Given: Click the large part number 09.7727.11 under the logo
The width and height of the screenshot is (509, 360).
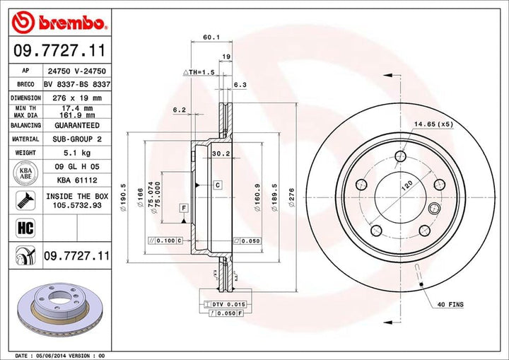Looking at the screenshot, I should coord(60,52).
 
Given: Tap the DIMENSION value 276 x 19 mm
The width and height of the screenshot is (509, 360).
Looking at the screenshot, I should coord(77,98).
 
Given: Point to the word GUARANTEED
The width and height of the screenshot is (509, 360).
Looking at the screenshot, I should coord(77,124).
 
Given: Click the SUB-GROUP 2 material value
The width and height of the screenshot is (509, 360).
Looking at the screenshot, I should coord(77,139).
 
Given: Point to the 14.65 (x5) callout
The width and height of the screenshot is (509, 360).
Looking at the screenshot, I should coord(433,124).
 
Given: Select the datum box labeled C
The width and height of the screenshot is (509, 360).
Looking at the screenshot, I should coord(218,185).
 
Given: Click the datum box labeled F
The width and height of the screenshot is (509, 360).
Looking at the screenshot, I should coord(183,207).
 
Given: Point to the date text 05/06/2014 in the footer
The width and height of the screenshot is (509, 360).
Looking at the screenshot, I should coord(69,354).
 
